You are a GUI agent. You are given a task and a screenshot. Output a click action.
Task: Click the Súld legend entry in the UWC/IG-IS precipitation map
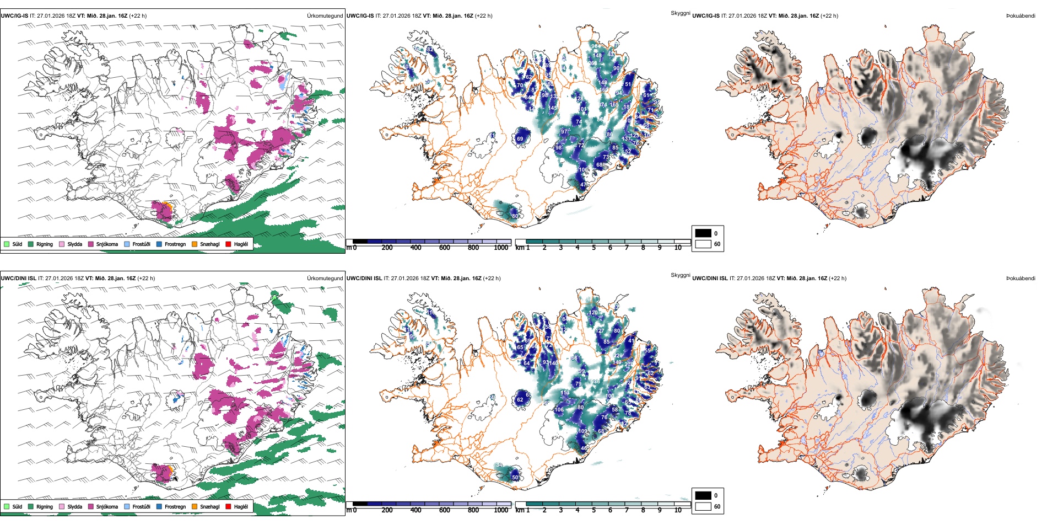pyautogui.click(x=17, y=244)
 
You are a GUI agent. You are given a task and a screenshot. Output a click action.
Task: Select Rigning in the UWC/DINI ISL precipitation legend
pyautogui.click(x=45, y=506)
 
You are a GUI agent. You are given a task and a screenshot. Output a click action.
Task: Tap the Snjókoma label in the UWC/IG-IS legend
pyautogui.click(x=107, y=244)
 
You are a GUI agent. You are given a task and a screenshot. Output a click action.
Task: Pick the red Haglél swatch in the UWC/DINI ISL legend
pyautogui.click(x=229, y=506)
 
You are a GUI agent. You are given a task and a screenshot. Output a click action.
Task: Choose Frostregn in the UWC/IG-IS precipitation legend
pyautogui.click(x=175, y=244)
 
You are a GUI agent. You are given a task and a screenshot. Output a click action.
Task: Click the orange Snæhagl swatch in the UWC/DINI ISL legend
pyautogui.click(x=195, y=506)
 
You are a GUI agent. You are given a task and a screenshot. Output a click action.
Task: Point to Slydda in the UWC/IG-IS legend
pyautogui.click(x=74, y=244)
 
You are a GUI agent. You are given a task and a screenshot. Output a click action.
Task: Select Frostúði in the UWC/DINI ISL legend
pyautogui.click(x=141, y=506)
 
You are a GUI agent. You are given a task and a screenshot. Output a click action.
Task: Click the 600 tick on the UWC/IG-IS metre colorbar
pyautogui.click(x=445, y=248)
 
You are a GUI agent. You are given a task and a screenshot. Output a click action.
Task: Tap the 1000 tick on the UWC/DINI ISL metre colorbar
pyautogui.click(x=501, y=510)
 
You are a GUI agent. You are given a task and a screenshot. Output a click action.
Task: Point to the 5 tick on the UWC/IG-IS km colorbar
pyautogui.click(x=594, y=248)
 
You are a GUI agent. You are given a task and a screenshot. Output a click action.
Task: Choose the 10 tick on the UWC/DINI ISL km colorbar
pyautogui.click(x=678, y=510)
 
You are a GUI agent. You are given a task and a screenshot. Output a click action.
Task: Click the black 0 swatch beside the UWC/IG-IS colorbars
pyautogui.click(x=703, y=233)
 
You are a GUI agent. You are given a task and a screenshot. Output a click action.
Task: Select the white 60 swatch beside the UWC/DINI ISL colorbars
pyautogui.click(x=703, y=506)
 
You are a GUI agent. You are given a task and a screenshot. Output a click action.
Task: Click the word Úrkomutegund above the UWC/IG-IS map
pyautogui.click(x=325, y=16)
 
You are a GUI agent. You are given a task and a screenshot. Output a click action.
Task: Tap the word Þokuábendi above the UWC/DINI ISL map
pyautogui.click(x=1020, y=279)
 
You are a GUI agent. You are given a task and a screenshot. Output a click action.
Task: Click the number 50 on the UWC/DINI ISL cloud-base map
pyautogui.click(x=515, y=478)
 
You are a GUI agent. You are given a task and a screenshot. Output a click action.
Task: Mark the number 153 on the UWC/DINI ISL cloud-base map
pyautogui.click(x=565, y=393)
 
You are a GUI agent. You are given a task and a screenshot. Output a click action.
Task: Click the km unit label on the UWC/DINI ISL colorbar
pyautogui.click(x=520, y=510)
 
